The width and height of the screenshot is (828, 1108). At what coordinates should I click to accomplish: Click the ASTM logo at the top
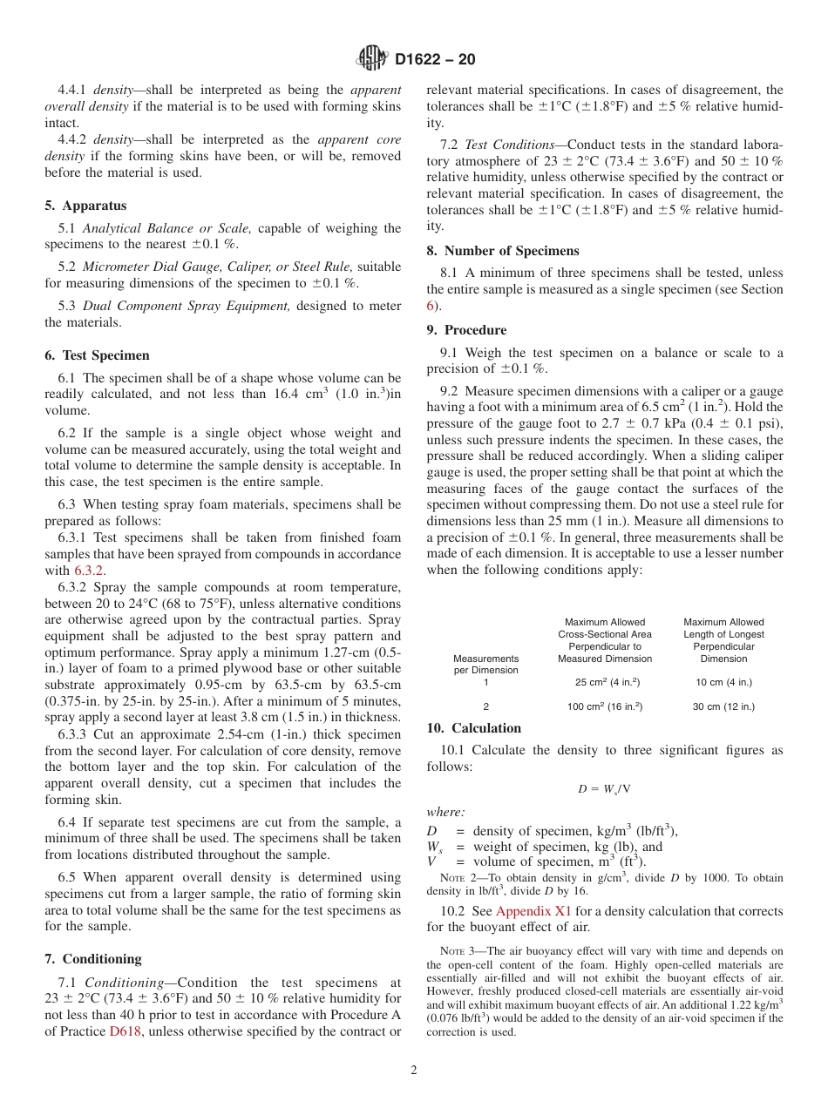pos(373,59)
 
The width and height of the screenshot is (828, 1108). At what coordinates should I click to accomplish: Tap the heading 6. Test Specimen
pos(97,355)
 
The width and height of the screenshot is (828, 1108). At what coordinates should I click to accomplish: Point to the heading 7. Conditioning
pos(92,959)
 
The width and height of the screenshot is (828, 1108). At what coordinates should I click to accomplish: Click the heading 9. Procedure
pos(466,330)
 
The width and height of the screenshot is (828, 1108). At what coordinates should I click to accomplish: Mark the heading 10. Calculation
pos(474,728)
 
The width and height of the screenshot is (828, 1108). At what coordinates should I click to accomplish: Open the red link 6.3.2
pos(87,571)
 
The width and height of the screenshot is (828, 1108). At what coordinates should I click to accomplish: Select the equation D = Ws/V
pos(604,789)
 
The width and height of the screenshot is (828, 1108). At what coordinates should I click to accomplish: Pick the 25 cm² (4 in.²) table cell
pos(604,682)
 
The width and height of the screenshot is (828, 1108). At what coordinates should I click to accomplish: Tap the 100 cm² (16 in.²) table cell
pos(604,706)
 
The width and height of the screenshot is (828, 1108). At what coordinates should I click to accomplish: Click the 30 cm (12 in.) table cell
pos(723,706)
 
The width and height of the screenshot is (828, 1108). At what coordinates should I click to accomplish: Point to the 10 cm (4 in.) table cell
pos(723,682)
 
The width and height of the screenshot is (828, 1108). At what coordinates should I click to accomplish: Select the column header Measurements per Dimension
pos(485,664)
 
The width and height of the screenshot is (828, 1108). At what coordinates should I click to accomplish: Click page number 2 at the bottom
pos(414,1071)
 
